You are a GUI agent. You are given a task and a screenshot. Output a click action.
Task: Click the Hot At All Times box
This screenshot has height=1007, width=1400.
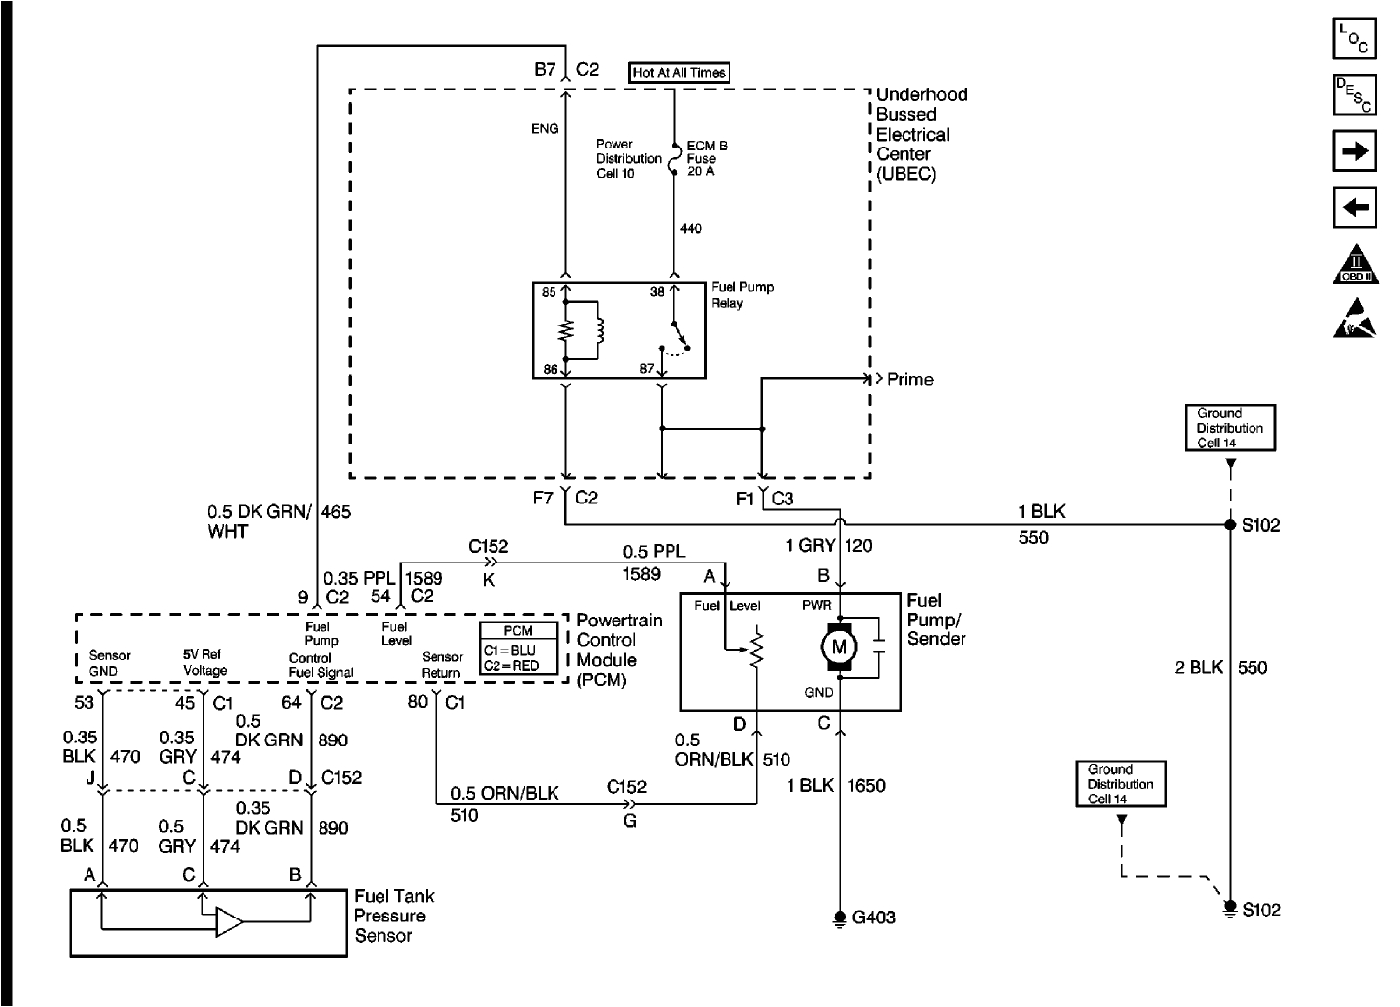pyautogui.click(x=679, y=73)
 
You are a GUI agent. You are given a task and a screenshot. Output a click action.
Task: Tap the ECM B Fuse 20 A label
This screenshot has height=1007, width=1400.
pyautogui.click(x=707, y=158)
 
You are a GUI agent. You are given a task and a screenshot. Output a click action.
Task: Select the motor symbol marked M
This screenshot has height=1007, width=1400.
pyautogui.click(x=839, y=647)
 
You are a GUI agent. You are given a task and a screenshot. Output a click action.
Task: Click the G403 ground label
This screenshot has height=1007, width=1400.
pyautogui.click(x=874, y=918)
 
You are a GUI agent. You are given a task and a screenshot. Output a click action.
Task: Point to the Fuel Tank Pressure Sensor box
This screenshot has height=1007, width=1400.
pyautogui.click(x=210, y=922)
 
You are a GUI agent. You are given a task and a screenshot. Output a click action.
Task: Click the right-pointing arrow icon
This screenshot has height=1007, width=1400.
pyautogui.click(x=1354, y=151)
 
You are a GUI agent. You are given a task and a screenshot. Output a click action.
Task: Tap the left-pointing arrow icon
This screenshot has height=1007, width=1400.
pyautogui.click(x=1354, y=207)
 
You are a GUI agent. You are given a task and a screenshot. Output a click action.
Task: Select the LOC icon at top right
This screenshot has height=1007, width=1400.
pyautogui.click(x=1354, y=39)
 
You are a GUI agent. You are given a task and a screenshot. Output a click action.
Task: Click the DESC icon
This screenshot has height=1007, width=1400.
pyautogui.click(x=1354, y=95)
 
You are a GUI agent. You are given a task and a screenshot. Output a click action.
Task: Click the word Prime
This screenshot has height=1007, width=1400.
pyautogui.click(x=909, y=380)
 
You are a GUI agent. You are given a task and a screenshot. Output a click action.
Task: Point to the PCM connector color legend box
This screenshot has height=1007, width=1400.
pyautogui.click(x=518, y=648)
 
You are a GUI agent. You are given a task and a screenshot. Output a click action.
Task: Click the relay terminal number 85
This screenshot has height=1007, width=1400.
pyautogui.click(x=549, y=292)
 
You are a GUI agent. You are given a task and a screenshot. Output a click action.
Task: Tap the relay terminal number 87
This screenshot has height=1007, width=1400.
pyautogui.click(x=646, y=369)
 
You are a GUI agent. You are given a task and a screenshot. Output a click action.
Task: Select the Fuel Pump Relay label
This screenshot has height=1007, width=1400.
pyautogui.click(x=741, y=295)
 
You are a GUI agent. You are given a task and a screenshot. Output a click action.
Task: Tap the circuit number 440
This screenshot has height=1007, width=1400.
pyautogui.click(x=691, y=229)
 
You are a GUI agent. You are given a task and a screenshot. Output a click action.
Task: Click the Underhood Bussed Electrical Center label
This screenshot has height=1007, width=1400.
pyautogui.click(x=920, y=134)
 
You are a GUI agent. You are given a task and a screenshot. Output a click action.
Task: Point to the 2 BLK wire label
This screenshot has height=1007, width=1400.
pyautogui.click(x=1198, y=668)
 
